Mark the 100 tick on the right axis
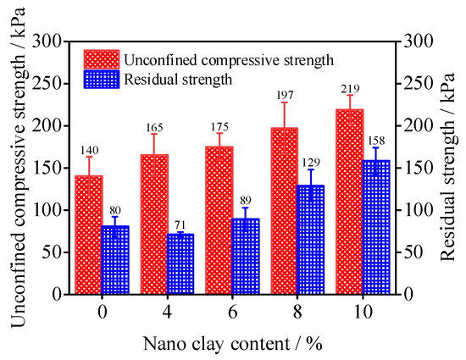click(x=416, y=210)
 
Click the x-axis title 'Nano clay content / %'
click(x=232, y=344)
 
